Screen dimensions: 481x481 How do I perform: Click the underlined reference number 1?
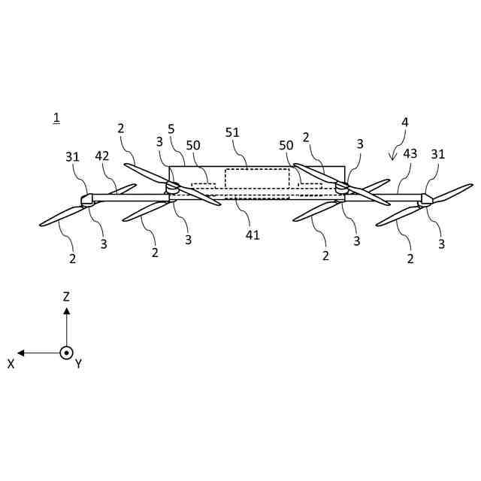56,117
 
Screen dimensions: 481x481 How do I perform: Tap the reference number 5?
171,129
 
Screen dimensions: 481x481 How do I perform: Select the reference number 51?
233,132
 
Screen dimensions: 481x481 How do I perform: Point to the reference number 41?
253,234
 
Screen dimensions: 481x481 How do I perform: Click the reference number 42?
103,156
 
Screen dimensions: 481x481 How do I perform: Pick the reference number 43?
410,153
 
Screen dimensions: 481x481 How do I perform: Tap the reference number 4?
406,122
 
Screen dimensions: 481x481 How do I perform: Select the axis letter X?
11,363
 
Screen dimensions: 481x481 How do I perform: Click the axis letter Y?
78,364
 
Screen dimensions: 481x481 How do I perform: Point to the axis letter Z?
66,297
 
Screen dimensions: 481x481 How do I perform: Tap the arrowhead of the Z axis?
66,310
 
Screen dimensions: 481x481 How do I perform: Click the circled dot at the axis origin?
66,352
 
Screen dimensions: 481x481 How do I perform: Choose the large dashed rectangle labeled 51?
257,179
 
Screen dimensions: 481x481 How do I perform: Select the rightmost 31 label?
437,154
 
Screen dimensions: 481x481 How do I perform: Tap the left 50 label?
193,144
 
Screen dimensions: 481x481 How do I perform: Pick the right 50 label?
286,144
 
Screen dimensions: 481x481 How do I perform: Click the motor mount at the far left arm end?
86,200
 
